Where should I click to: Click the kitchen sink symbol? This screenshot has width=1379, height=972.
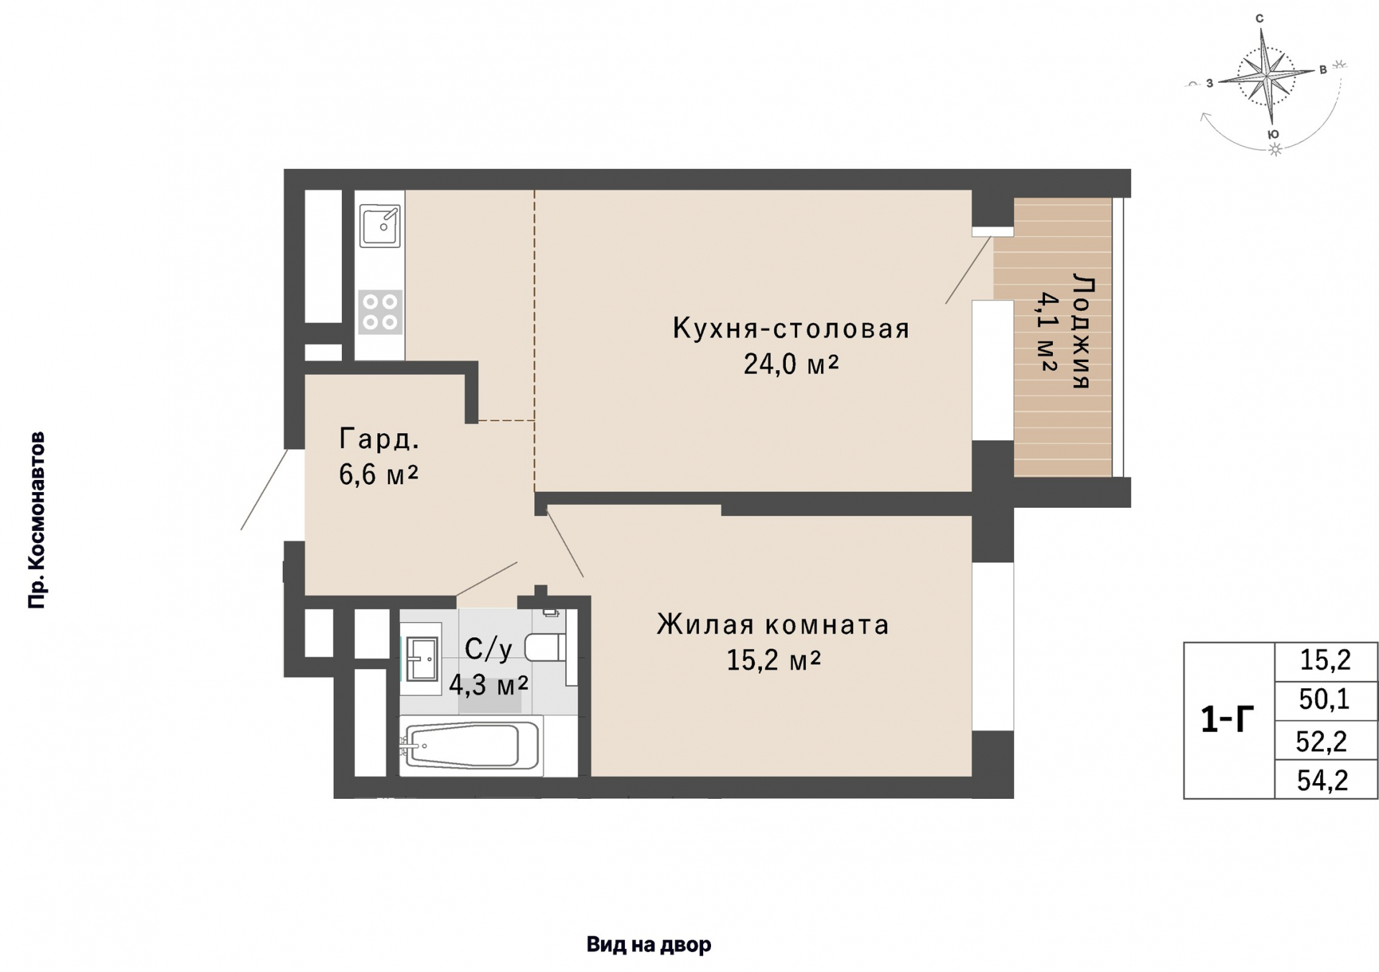coord(380,225)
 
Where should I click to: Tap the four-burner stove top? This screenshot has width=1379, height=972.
coord(380,312)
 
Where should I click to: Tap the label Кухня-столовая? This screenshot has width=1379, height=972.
coord(791,328)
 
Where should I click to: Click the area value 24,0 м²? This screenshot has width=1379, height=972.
coord(791,364)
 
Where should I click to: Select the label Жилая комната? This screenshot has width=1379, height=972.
coord(773,624)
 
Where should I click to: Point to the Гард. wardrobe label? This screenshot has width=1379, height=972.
coord(379,438)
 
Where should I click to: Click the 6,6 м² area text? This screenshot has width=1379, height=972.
coord(379,474)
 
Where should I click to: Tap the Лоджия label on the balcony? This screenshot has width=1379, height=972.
coord(1081,330)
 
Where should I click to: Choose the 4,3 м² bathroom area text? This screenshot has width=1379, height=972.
coord(488,685)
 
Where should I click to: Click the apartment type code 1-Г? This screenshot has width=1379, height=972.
coord(1227,720)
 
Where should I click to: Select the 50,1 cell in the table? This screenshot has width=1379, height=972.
coord(1324,699)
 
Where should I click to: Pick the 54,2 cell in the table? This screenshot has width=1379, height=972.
coord(1322,779)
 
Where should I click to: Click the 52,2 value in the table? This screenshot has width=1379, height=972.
coord(1322,741)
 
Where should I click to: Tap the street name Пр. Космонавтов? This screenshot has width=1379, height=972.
coord(37,520)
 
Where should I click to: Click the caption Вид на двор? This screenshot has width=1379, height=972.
coord(649,945)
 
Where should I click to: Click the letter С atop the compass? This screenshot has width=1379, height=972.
coord(1259,19)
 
